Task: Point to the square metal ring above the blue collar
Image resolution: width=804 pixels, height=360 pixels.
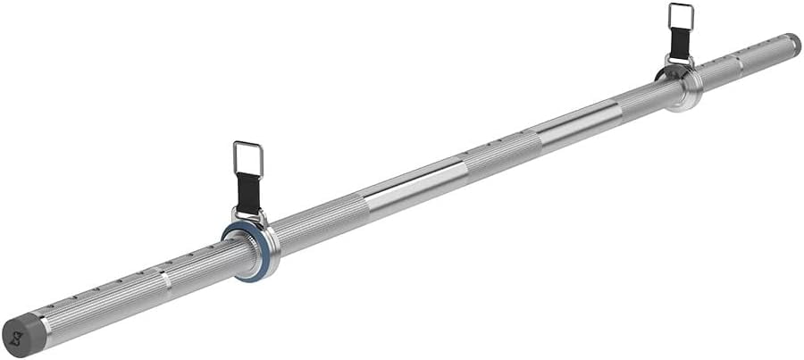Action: [x=248, y=158]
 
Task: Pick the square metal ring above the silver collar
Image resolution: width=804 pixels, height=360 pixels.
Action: [x=681, y=18]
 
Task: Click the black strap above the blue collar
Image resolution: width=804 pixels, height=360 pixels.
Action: [x=248, y=193]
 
